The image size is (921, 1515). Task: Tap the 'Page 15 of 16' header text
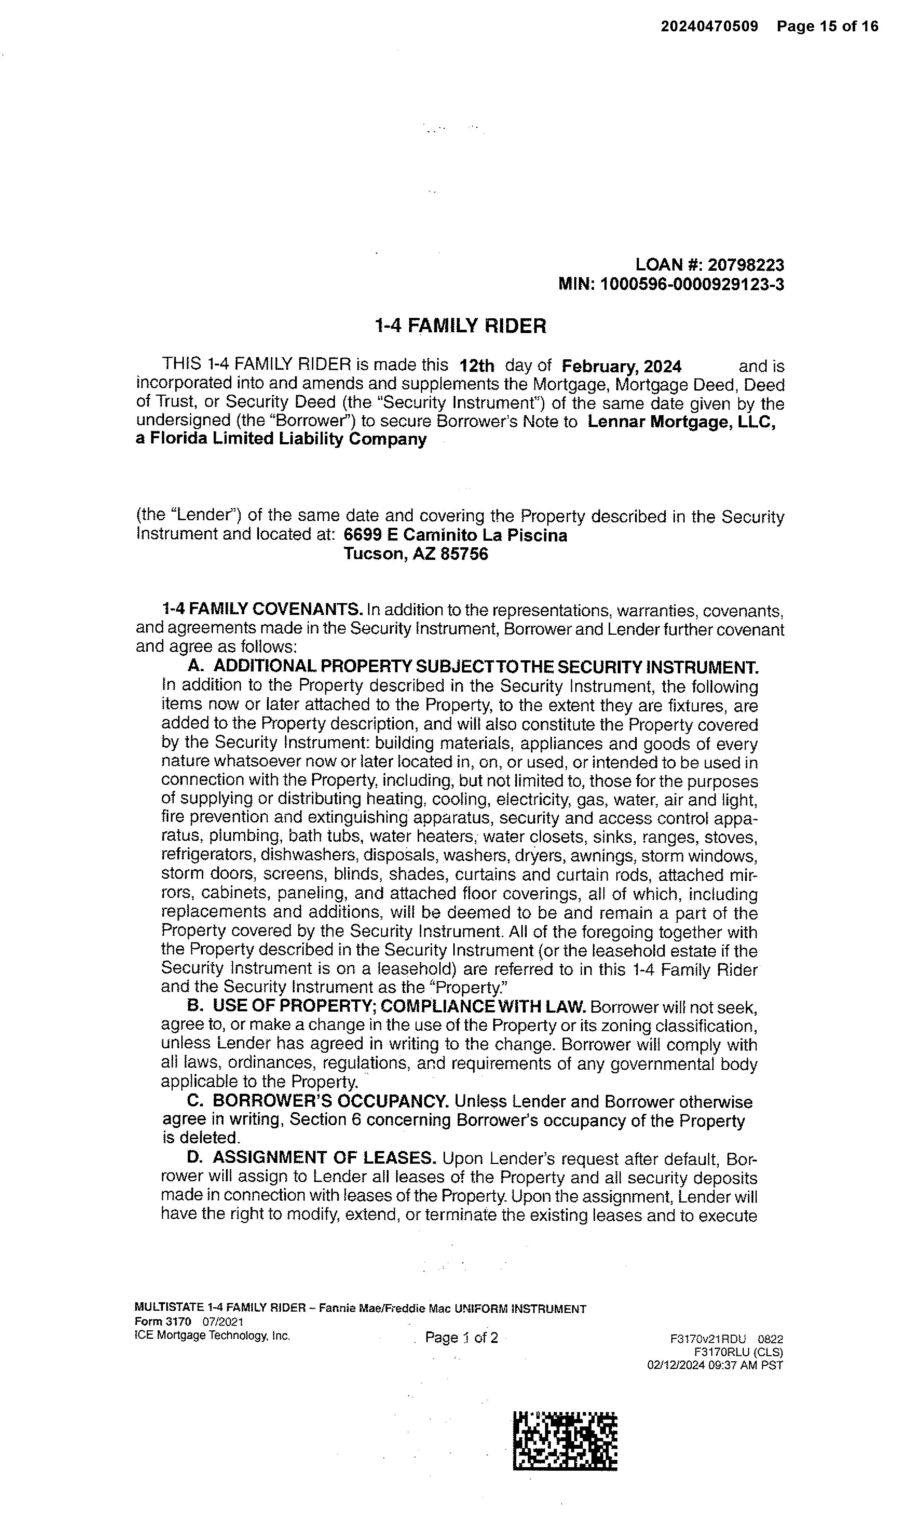click(827, 26)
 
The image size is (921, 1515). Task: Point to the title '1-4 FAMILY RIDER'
click(460, 326)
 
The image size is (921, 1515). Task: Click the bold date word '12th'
click(477, 367)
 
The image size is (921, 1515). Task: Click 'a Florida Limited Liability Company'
click(281, 440)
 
